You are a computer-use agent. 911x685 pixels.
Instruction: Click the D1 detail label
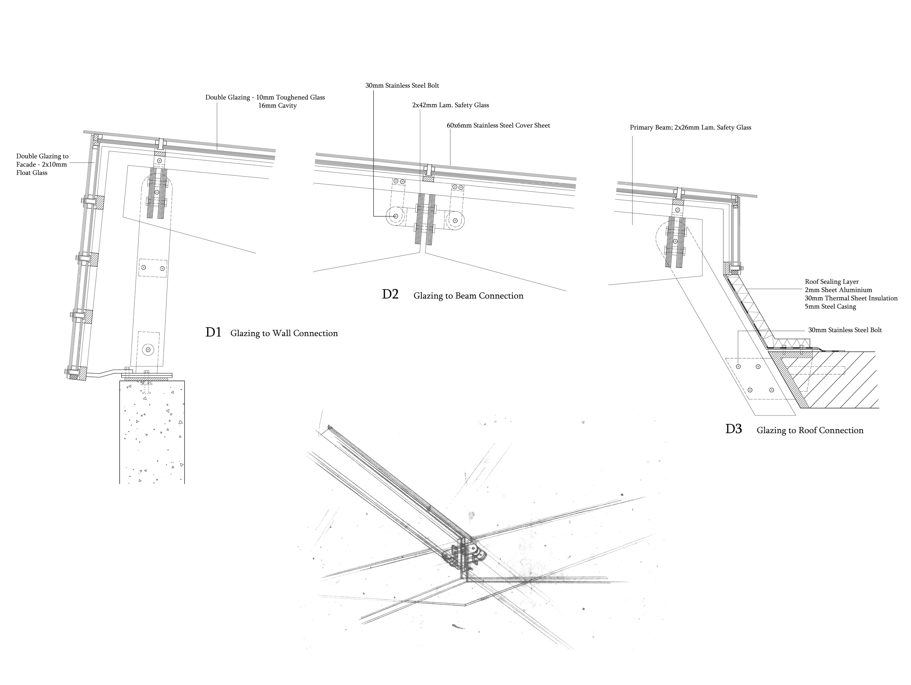click(213, 332)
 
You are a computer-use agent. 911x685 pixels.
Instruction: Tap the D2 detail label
click(390, 294)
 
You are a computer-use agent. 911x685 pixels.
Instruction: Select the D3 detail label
click(733, 429)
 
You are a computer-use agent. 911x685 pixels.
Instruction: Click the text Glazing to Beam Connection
click(468, 296)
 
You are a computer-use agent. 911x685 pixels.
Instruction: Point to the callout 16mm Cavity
click(277, 106)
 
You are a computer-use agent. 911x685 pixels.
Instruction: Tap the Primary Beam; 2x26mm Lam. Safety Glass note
click(690, 127)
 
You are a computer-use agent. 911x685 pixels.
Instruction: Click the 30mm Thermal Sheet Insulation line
click(851, 298)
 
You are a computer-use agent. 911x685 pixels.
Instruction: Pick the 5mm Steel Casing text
click(830, 306)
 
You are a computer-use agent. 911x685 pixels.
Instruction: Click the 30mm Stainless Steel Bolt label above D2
click(402, 86)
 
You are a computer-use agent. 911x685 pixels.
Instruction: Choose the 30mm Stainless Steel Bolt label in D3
click(845, 330)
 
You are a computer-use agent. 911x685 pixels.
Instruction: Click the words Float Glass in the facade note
click(32, 173)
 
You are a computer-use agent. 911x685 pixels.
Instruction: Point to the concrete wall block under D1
click(152, 433)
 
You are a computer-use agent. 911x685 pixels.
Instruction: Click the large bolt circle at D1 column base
click(148, 350)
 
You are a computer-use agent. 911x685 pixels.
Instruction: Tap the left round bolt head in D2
click(395, 216)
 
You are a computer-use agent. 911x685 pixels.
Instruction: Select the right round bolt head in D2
click(455, 221)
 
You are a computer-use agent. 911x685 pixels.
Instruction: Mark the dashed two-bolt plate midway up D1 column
click(153, 268)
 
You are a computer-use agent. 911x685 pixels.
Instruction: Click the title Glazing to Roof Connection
click(810, 430)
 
